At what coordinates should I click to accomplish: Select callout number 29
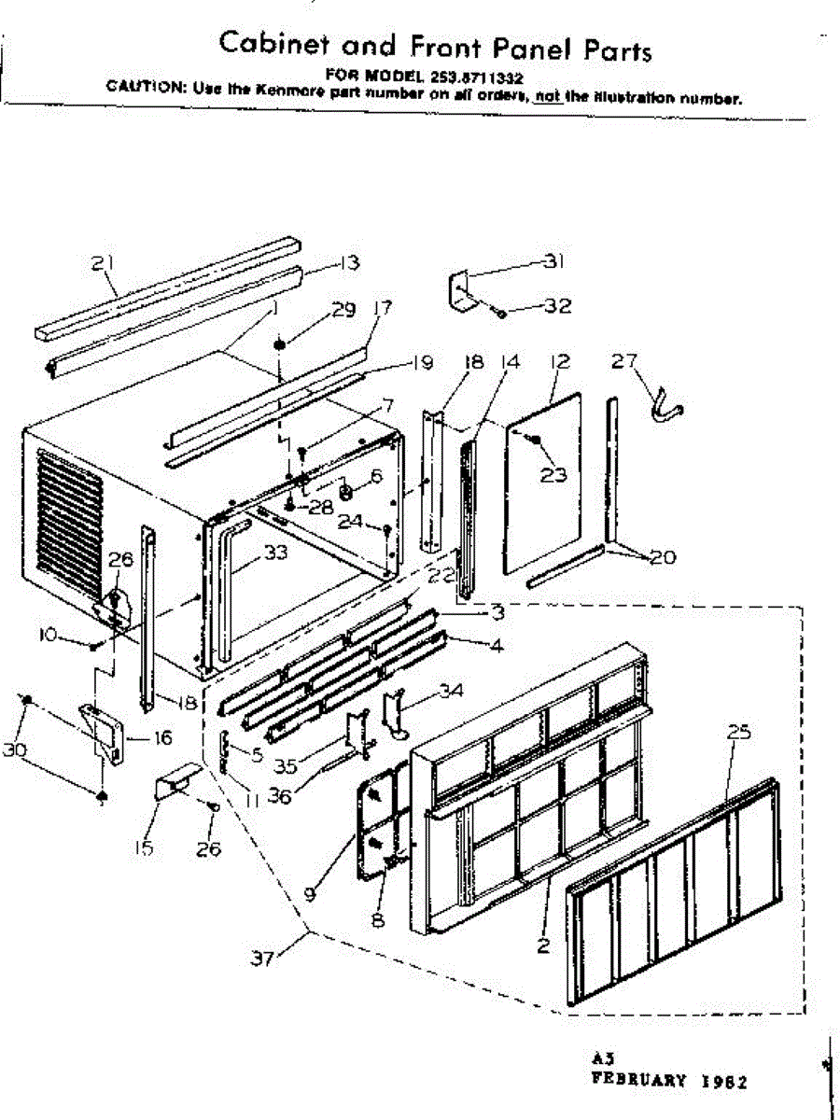343,310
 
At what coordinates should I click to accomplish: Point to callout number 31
554,262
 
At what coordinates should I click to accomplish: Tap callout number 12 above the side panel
560,361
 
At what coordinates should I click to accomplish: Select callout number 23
553,474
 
